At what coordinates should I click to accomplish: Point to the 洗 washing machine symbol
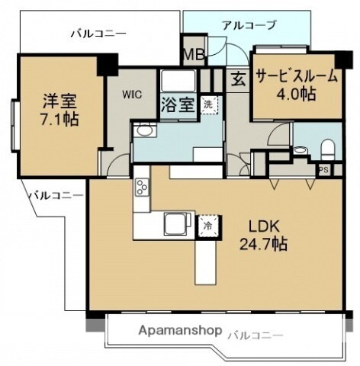207,104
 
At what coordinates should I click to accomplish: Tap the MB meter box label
192,54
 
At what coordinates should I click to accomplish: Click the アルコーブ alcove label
249,25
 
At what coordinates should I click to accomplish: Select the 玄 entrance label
239,78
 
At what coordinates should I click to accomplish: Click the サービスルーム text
295,77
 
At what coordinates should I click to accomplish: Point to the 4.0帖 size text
297,95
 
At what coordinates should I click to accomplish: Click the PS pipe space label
323,170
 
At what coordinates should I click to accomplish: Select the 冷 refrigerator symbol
206,225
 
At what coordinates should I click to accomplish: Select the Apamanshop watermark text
181,332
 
